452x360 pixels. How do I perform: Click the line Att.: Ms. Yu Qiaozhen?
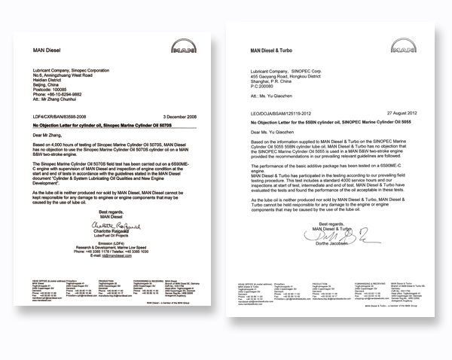point(272,96)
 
